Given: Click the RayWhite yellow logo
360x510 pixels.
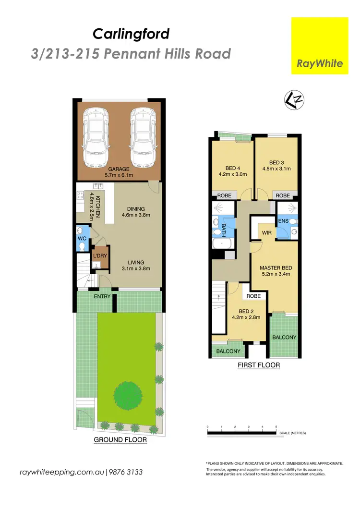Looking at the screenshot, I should (x=320, y=46).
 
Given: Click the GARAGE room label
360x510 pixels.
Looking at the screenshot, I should (x=118, y=169).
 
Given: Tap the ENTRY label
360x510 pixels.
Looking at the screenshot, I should (x=102, y=296).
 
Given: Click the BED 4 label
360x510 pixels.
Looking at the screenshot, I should (x=232, y=168).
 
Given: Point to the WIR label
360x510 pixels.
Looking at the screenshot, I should (x=267, y=233).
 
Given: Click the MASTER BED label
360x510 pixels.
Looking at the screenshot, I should (x=276, y=267).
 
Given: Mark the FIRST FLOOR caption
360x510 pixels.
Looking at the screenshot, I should (x=259, y=365).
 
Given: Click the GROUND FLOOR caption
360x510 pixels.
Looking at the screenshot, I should (x=120, y=439).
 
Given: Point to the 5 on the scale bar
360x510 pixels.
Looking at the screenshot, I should (x=276, y=426).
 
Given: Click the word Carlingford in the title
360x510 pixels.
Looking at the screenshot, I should (x=131, y=34).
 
